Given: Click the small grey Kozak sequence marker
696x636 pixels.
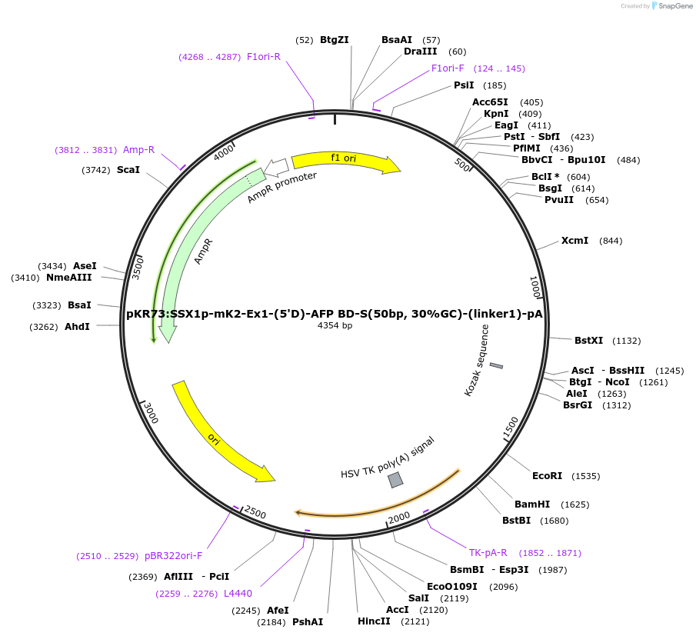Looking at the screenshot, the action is click(496, 365).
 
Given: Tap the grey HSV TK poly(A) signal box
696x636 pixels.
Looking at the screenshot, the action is click(395, 480).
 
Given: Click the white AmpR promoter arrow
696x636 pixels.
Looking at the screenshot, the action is click(276, 166).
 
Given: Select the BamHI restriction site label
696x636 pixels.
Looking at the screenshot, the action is click(532, 504).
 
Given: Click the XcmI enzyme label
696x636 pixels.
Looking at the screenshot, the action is click(574, 241).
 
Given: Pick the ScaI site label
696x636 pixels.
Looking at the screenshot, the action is click(128, 169).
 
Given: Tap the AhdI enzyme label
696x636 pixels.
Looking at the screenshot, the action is click(77, 327).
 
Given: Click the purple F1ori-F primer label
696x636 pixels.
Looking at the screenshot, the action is click(448, 68).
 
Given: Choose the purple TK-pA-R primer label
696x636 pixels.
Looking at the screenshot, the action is click(488, 553).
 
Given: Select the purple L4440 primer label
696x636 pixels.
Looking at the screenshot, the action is click(238, 594).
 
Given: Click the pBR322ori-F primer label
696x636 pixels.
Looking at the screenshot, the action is click(173, 556).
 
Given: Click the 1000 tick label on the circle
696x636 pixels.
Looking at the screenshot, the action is click(536, 288).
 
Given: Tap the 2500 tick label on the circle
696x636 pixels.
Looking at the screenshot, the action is click(255, 513).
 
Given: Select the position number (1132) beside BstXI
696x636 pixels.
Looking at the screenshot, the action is click(624, 341).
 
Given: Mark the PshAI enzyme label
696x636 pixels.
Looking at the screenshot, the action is click(308, 621).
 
